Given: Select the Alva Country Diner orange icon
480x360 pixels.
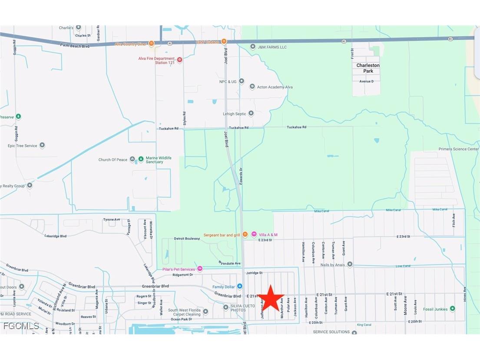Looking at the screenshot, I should pyautogui.click(x=151, y=43).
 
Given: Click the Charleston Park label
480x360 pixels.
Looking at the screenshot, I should pyautogui.click(x=368, y=68).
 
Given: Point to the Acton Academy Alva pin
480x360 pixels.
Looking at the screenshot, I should pyautogui.click(x=252, y=87).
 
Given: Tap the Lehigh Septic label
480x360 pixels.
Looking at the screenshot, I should pyautogui.click(x=235, y=114).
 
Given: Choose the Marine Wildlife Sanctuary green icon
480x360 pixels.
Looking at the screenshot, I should pyautogui.click(x=140, y=160).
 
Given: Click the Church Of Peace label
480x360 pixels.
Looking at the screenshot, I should pyautogui.click(x=113, y=160).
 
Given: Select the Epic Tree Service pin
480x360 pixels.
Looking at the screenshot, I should pyautogui.click(x=42, y=146).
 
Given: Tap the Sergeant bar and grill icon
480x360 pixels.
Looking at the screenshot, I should pyautogui.click(x=245, y=235).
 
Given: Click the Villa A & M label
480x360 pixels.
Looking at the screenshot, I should pyautogui.click(x=268, y=235).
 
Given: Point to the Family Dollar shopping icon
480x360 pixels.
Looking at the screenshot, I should pyautogui.click(x=239, y=287).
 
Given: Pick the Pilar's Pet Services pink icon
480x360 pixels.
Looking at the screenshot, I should pyautogui.click(x=200, y=269).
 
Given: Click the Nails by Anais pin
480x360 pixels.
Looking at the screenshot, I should pyautogui.click(x=350, y=264).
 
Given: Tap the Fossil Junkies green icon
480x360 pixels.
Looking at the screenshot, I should pyautogui.click(x=452, y=309).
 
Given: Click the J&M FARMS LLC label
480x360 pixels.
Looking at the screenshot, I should pyautogui.click(x=272, y=47).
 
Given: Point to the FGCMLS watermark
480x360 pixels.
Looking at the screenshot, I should pyautogui.click(x=21, y=326).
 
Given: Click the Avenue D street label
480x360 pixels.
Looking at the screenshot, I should pyautogui.click(x=366, y=81).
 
